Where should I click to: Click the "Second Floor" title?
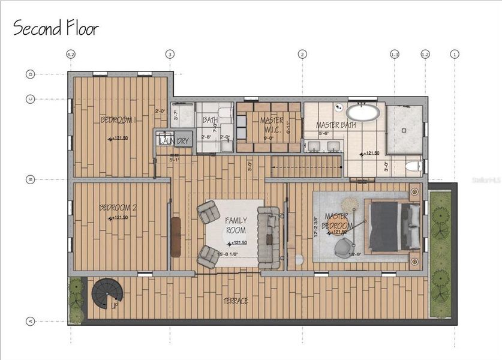(x=56, y=28)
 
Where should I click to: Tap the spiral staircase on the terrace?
(x=107, y=293)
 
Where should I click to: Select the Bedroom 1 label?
(x=118, y=120)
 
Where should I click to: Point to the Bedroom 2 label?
(x=118, y=208)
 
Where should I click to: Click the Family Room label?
(x=236, y=225)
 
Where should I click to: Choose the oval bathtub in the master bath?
(x=363, y=112)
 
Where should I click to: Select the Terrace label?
(x=236, y=301)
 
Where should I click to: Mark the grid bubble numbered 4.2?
(x=71, y=54)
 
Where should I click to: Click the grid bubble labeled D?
(x=30, y=74)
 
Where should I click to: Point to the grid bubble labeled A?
(x=30, y=321)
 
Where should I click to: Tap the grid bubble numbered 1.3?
(x=394, y=54)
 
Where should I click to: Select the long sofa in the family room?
(x=268, y=238)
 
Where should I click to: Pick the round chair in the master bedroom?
(x=344, y=247)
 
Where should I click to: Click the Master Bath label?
(x=336, y=125)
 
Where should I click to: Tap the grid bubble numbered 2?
(x=302, y=54)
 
